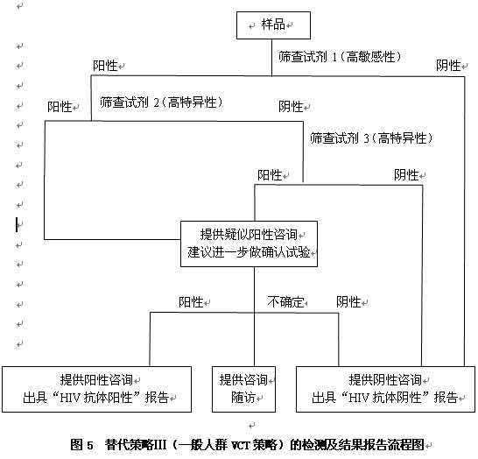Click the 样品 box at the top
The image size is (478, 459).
(273, 25)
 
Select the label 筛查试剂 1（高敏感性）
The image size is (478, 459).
(340, 57)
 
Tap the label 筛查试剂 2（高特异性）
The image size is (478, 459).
(161, 102)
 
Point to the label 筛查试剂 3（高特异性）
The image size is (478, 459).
(371, 138)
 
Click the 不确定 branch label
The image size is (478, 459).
(286, 302)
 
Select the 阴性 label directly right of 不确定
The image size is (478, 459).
(348, 302)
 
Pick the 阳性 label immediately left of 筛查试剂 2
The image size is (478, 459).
(60, 107)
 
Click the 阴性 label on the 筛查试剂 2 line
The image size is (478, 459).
(291, 107)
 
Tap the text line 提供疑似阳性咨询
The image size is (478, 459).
(249, 235)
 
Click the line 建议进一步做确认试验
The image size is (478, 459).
(249, 252)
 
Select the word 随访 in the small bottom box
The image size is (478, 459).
(243, 397)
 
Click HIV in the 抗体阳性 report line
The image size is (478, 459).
(70, 398)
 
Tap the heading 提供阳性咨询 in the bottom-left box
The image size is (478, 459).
(96, 379)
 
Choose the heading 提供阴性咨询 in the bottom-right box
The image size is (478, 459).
(385, 379)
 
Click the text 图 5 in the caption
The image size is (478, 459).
(81, 445)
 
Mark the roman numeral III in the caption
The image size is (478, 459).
(159, 445)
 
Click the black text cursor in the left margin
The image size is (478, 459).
(17, 224)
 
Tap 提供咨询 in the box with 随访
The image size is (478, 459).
(243, 379)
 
